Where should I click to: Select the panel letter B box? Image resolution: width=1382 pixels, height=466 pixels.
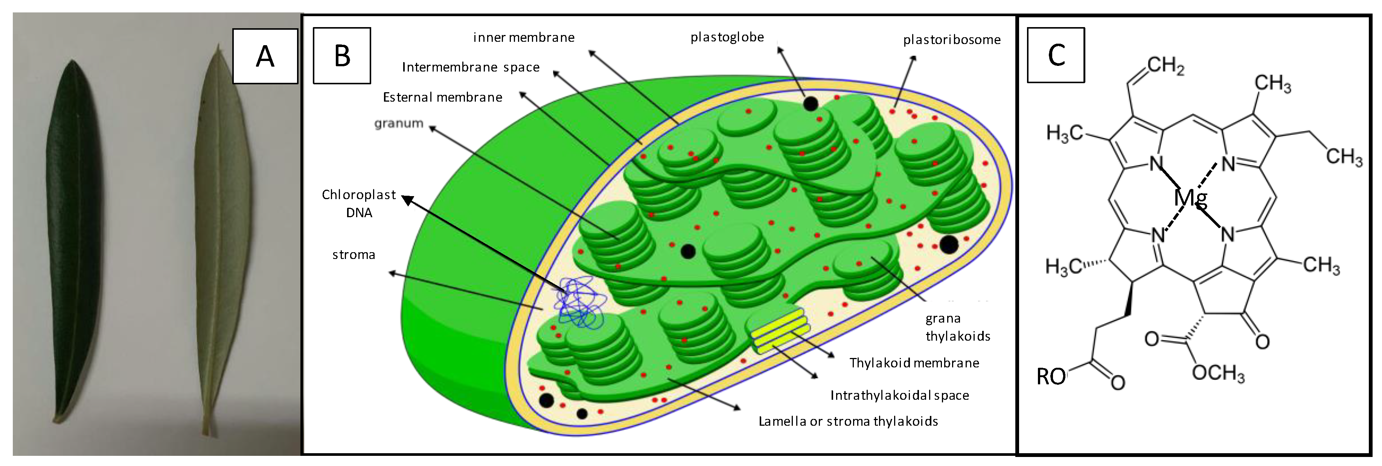(x=342, y=56)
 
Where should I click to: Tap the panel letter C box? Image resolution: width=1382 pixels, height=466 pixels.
(x=1055, y=55)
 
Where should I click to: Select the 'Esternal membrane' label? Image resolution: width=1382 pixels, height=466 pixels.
(x=443, y=97)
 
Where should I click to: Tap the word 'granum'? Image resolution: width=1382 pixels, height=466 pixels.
(x=399, y=123)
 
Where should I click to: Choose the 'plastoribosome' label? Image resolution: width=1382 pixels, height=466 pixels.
(x=952, y=40)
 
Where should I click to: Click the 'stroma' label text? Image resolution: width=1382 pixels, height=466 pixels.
(x=353, y=255)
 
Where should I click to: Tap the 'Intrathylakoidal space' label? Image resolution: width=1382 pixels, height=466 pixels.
(x=900, y=396)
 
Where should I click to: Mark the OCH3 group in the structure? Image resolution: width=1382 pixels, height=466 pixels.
(x=1218, y=373)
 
